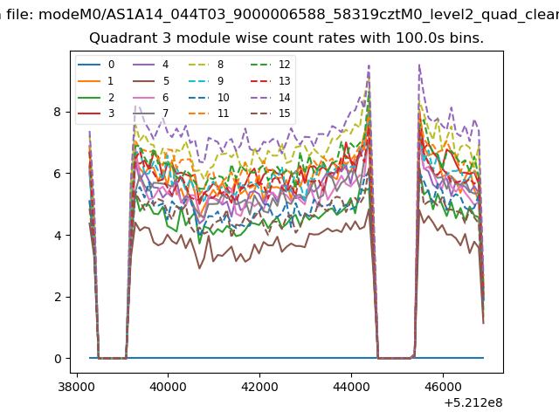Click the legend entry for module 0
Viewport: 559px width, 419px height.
click(x=96, y=65)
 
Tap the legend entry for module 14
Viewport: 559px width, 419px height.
click(x=266, y=97)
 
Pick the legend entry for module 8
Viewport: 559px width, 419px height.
click(x=206, y=65)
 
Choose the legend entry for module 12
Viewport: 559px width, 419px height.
click(x=266, y=65)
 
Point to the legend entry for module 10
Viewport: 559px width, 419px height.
click(x=209, y=97)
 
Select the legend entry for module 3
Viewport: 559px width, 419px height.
click(x=96, y=113)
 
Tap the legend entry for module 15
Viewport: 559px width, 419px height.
click(x=266, y=113)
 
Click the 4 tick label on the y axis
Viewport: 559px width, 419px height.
click(x=58, y=235)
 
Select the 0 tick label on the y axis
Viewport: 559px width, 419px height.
click(x=58, y=359)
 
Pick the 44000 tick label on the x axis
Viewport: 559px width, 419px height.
click(x=351, y=387)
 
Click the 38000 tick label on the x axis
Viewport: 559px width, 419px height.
click(x=76, y=387)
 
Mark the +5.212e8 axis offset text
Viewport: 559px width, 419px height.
click(x=473, y=402)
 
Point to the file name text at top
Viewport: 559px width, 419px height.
click(x=299, y=15)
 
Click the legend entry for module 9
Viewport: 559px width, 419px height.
click(x=206, y=81)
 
